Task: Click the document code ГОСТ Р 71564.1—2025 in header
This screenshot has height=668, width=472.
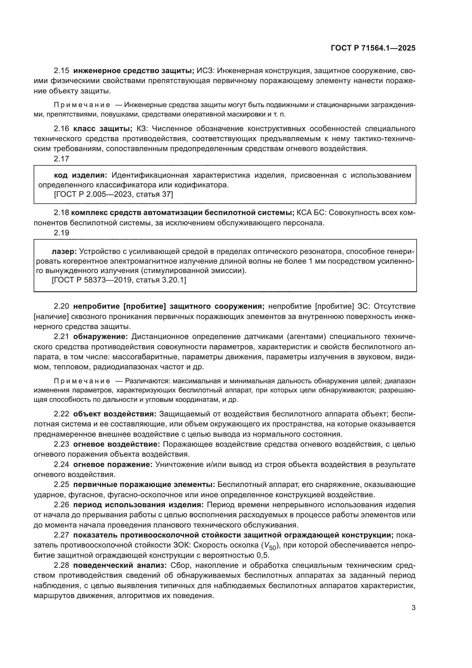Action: coord(373,48)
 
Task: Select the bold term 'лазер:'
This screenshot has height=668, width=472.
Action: coord(64,251)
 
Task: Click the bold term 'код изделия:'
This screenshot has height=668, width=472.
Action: coord(80,175)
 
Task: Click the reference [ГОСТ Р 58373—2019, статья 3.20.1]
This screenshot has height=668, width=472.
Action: coord(119,280)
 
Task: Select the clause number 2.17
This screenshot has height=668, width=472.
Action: coord(61,159)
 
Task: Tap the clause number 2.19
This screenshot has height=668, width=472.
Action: coord(61,233)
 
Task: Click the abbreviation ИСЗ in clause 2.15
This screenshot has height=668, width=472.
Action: coord(205,71)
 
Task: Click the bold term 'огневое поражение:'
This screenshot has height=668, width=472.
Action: coord(113,465)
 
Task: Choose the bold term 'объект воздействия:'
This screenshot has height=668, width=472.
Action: coord(115,414)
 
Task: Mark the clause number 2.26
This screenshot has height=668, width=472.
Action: coord(61,505)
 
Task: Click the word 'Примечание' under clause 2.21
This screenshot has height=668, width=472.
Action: coord(82,381)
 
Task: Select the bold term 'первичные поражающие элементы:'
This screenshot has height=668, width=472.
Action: coord(144,485)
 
